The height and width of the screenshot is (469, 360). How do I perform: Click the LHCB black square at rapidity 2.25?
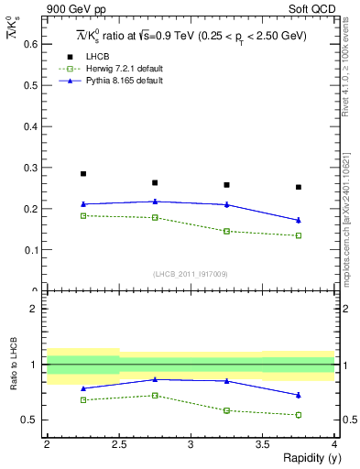click(x=82, y=173)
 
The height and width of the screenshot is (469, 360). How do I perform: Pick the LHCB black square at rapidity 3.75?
click(x=299, y=187)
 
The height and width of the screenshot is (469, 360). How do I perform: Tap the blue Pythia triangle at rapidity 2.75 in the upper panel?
click(x=155, y=202)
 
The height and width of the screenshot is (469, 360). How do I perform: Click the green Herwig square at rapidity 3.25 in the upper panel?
click(x=227, y=231)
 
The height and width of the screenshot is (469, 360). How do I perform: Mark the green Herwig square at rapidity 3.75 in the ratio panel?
click(x=299, y=415)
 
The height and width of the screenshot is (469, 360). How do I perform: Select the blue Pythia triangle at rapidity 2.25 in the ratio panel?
click(x=82, y=388)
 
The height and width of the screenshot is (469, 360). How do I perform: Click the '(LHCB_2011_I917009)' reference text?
click(x=191, y=273)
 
